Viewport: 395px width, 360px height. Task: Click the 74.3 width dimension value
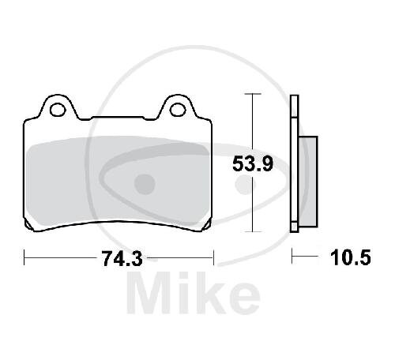tap(122, 259)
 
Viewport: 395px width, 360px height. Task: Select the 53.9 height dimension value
tap(253, 163)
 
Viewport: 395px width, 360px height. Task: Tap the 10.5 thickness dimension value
tap(351, 257)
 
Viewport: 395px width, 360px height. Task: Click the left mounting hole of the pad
tap(58, 110)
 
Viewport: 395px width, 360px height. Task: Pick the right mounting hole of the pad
tap(178, 110)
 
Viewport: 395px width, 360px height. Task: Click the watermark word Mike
tap(194, 293)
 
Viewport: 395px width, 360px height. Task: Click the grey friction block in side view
tap(308, 182)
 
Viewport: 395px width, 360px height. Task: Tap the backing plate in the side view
tap(295, 163)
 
